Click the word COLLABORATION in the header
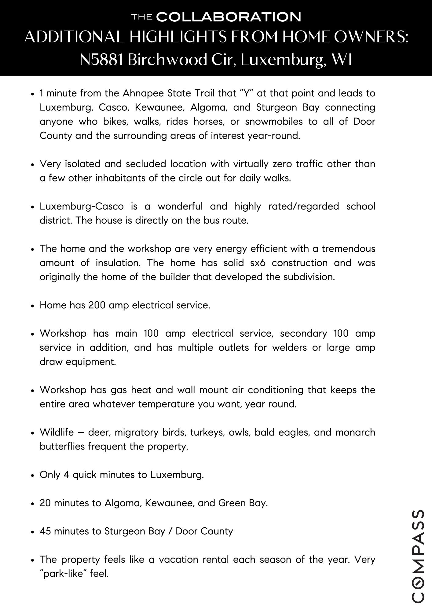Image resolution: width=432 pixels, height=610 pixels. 229,17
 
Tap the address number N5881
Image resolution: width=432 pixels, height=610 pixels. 101,59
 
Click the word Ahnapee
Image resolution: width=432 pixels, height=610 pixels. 143,93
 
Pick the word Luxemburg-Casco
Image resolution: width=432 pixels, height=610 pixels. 82,206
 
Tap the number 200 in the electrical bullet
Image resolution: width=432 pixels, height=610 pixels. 97,305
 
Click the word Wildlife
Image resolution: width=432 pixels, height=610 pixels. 57,432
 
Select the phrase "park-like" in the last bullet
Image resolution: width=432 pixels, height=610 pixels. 64,574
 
